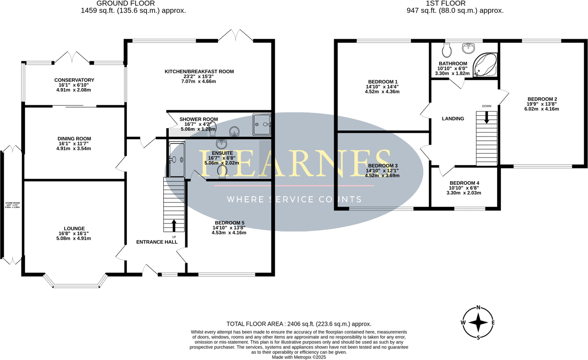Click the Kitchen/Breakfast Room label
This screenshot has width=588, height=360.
pos(199,71)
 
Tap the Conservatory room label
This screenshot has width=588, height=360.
pos(74,80)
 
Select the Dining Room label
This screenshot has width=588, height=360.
pos(74,139)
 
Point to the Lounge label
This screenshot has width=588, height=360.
pos(74,228)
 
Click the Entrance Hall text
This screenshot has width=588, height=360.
pos(157,242)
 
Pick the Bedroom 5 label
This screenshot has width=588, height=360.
pos(229,223)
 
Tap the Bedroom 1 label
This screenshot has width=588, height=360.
pos(383,81)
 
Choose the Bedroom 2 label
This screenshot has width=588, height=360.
pos(542,99)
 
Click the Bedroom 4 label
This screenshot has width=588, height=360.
pos(464,183)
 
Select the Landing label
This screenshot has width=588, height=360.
pos(452,118)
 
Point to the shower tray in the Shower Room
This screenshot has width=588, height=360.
pos(262,124)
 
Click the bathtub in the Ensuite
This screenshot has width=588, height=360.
pos(176,159)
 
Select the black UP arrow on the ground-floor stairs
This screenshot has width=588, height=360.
pos(174,225)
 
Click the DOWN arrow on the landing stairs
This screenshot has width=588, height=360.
pos(487,117)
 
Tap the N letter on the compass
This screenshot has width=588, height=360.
pos(478,308)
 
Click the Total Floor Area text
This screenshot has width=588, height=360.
pos(299,324)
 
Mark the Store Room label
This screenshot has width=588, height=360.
pos(13,203)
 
